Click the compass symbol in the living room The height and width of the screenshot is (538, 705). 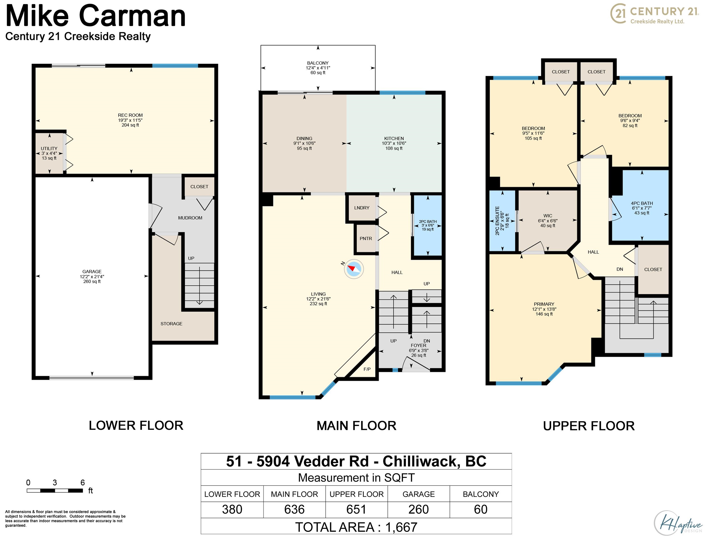(x=353, y=269)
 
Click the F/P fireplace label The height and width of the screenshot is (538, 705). (x=367, y=369)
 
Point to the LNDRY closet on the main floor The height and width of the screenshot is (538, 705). (x=362, y=208)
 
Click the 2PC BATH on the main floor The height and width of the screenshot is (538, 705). (x=428, y=225)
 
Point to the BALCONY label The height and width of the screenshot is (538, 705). (x=318, y=63)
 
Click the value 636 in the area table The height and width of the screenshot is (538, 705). (x=294, y=510)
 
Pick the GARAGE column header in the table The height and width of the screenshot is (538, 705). (x=418, y=494)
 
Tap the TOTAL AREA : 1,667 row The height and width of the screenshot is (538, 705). (x=356, y=527)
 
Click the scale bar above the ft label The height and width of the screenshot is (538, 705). (x=55, y=491)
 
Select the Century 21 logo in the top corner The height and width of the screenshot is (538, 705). (x=654, y=14)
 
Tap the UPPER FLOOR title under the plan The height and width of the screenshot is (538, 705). (x=589, y=426)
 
